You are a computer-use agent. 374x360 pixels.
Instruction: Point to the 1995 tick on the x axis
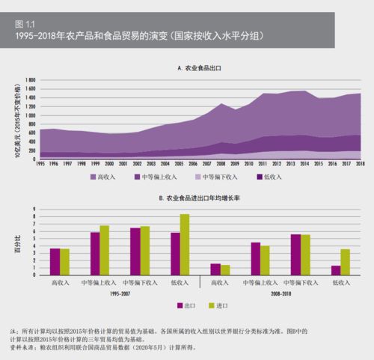coord(40,163)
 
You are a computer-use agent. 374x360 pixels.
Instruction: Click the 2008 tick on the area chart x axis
coord(221,163)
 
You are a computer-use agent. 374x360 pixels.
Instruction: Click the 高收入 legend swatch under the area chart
coord(93,177)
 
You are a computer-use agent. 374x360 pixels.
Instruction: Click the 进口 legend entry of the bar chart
coord(218,305)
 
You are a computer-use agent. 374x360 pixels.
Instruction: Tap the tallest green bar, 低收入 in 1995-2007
coord(185,245)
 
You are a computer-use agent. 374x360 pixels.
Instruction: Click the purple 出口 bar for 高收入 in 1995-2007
coord(55,261)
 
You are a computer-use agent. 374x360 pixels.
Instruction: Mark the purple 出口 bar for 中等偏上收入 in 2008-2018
coord(256,258)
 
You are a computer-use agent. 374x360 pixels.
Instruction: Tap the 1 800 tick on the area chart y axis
coord(31,79)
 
